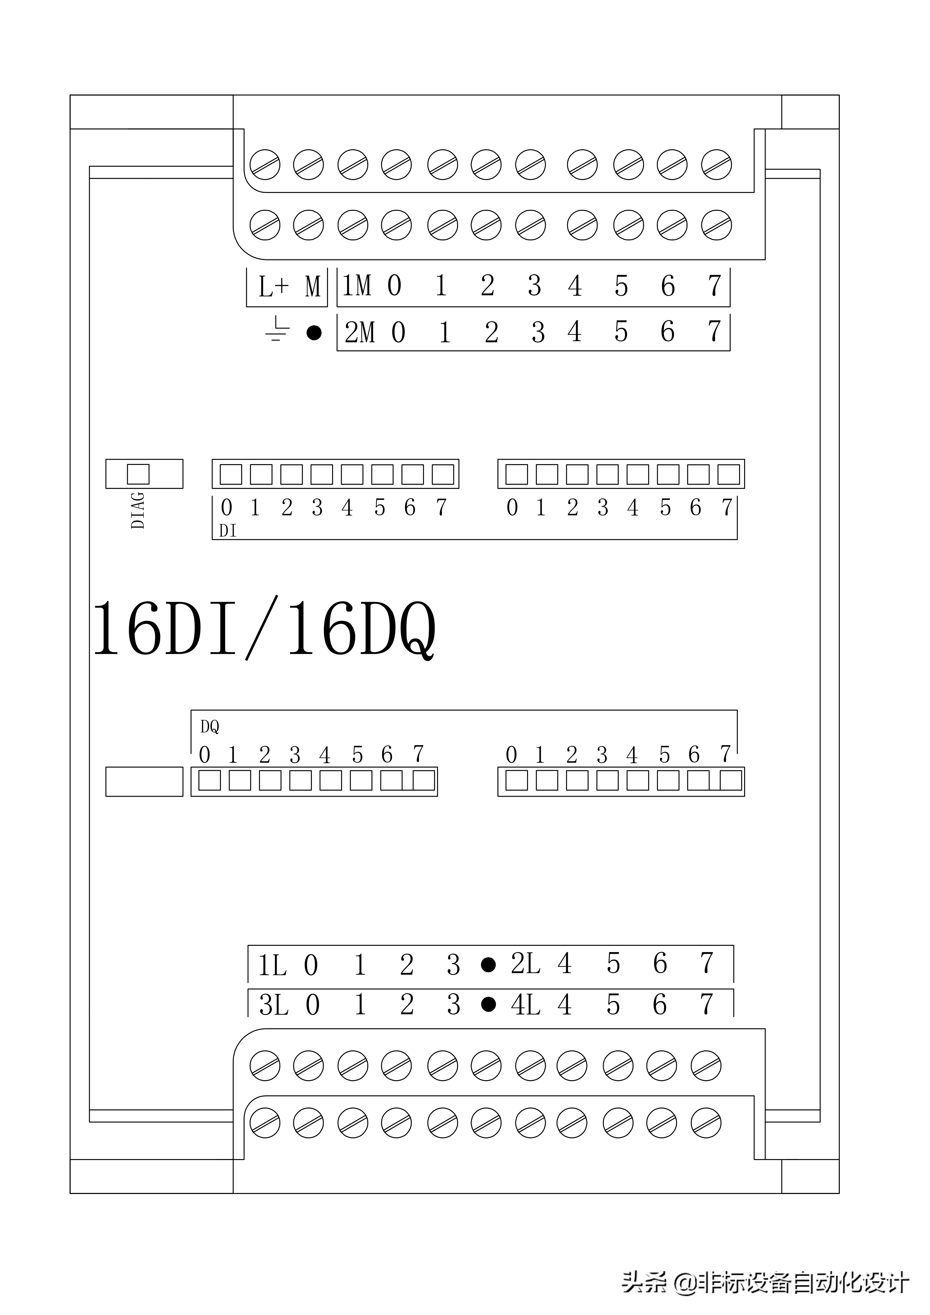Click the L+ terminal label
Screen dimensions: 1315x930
point(273,286)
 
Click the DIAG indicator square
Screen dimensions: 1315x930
point(138,474)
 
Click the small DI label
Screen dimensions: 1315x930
point(227,531)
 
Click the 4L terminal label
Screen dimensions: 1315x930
point(525,1005)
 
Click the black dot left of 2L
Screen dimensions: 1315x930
point(488,965)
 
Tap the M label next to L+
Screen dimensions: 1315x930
point(313,286)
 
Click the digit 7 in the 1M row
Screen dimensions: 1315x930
point(714,285)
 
